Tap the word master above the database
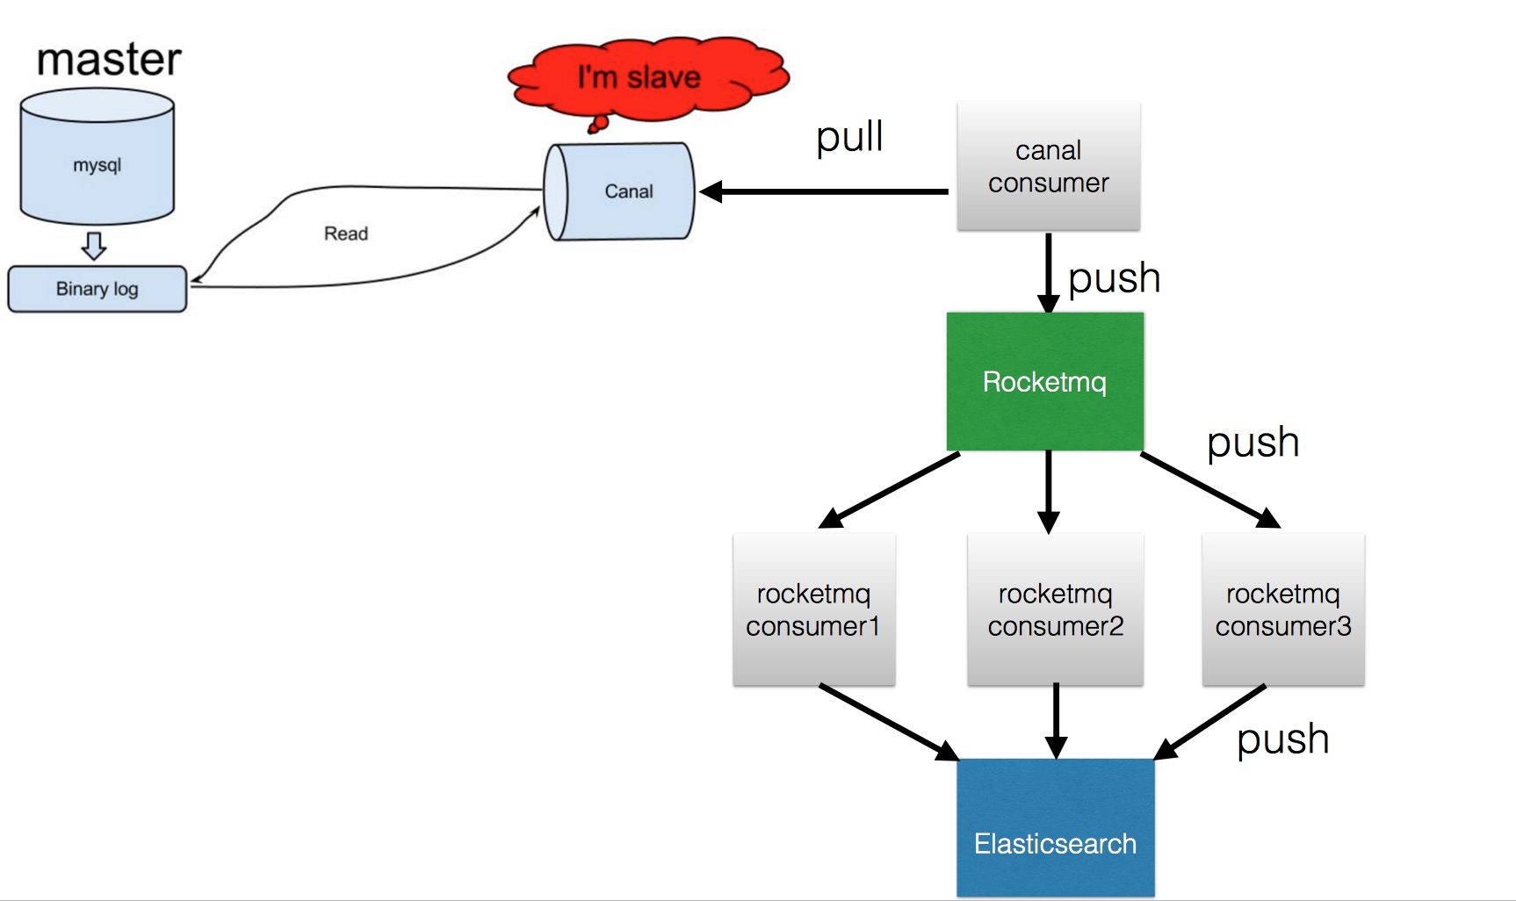point(109,60)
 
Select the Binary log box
point(97,289)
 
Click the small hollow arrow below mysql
point(94,246)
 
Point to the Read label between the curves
point(345,234)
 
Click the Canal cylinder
point(620,191)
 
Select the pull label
point(848,137)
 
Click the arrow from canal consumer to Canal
point(826,191)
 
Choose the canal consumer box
point(1048,167)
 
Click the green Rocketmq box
point(1044,382)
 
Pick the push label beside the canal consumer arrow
point(1114,278)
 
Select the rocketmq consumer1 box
point(813,609)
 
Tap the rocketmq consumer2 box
point(1055,609)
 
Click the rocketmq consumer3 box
point(1282,609)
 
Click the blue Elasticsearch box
point(1055,828)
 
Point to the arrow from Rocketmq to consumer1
point(889,490)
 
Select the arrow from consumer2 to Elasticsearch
point(1056,720)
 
